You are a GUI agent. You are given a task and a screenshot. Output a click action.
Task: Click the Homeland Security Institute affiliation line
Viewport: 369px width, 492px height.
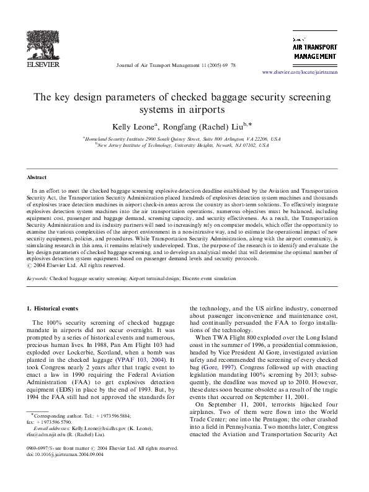[182, 139]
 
